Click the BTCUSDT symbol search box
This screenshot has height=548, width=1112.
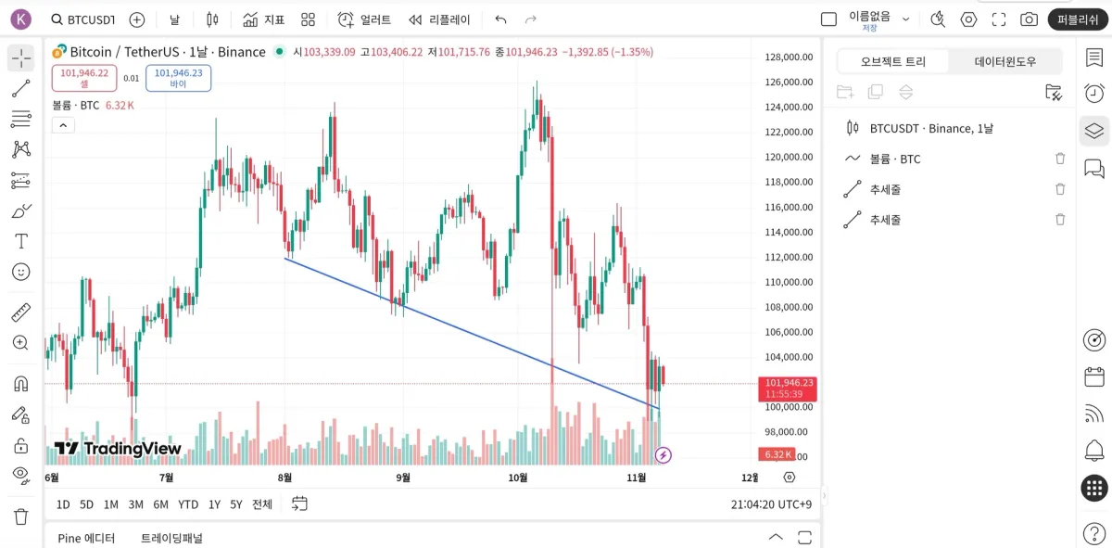tap(83, 19)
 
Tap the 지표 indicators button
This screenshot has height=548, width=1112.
tap(264, 19)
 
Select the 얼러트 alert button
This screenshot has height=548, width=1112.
tap(364, 19)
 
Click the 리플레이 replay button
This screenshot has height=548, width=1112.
tap(439, 19)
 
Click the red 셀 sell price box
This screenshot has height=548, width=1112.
tap(84, 78)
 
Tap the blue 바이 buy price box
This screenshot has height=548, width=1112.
tap(178, 78)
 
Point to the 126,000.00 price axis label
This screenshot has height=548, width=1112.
tap(789, 82)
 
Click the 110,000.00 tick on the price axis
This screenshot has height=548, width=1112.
tap(789, 282)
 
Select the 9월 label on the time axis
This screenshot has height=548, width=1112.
tap(403, 478)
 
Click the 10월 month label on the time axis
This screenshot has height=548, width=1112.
tap(518, 478)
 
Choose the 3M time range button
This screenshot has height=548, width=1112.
tap(136, 504)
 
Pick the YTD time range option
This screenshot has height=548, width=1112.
tap(188, 504)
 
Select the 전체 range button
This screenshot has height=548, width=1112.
tap(262, 504)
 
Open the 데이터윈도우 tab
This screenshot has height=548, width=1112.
tap(1005, 61)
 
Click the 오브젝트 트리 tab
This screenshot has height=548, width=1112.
tap(893, 61)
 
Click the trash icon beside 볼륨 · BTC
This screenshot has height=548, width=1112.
tap(1060, 159)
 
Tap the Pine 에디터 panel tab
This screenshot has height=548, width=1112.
tap(86, 538)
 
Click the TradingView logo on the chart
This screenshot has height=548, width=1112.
tap(118, 449)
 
